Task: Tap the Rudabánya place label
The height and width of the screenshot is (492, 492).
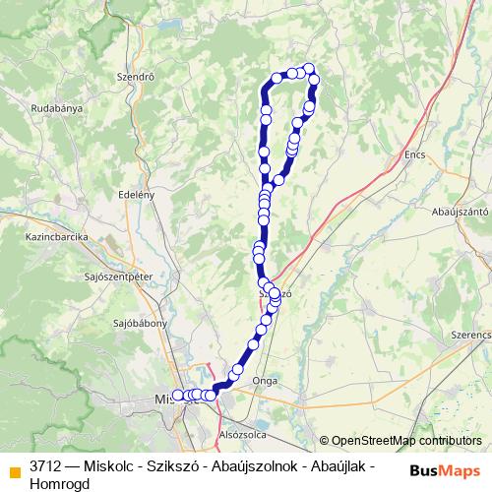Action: (x=56, y=107)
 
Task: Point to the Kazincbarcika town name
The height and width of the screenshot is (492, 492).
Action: (x=59, y=237)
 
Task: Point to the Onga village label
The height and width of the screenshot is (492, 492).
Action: (x=264, y=380)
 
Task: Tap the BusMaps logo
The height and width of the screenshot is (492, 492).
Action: (x=445, y=469)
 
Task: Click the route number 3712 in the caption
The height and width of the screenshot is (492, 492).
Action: (x=44, y=462)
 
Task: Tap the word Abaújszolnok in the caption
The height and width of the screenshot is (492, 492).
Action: (x=243, y=462)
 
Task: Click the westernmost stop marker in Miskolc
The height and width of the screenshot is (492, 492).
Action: (x=178, y=396)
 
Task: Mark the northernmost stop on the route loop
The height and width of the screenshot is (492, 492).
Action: (x=309, y=68)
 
